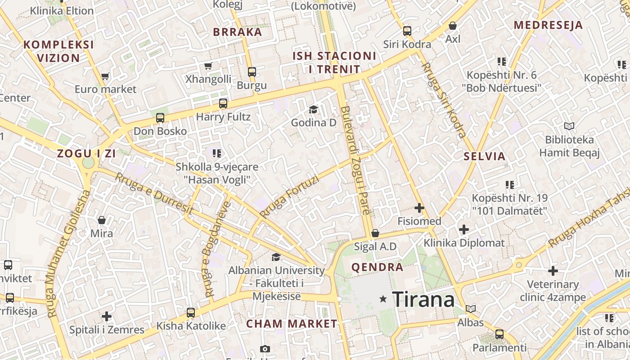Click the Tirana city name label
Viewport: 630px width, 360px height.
(x=423, y=299)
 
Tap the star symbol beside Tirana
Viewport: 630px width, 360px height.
(x=383, y=298)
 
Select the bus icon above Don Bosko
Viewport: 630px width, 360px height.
(x=160, y=118)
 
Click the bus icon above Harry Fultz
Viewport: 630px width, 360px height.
(x=223, y=103)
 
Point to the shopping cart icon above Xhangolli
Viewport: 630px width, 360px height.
(x=208, y=66)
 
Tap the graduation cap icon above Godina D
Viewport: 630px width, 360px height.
(x=313, y=109)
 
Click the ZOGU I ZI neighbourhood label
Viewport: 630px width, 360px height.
(x=86, y=153)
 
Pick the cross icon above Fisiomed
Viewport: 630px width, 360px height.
(x=419, y=208)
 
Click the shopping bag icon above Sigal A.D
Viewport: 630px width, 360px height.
(x=375, y=233)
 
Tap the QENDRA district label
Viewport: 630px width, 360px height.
(x=377, y=267)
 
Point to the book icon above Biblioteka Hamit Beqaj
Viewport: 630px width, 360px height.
(x=569, y=126)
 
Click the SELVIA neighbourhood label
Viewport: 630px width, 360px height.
(x=485, y=157)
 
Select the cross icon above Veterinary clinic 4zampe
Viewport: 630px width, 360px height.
(x=553, y=271)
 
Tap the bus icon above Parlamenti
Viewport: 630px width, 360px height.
(x=499, y=334)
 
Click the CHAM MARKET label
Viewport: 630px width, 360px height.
(x=292, y=324)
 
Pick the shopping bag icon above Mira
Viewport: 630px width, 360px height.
(x=102, y=220)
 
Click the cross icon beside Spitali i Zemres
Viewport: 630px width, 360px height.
(x=107, y=316)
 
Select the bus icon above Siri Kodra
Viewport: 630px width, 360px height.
(x=407, y=31)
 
